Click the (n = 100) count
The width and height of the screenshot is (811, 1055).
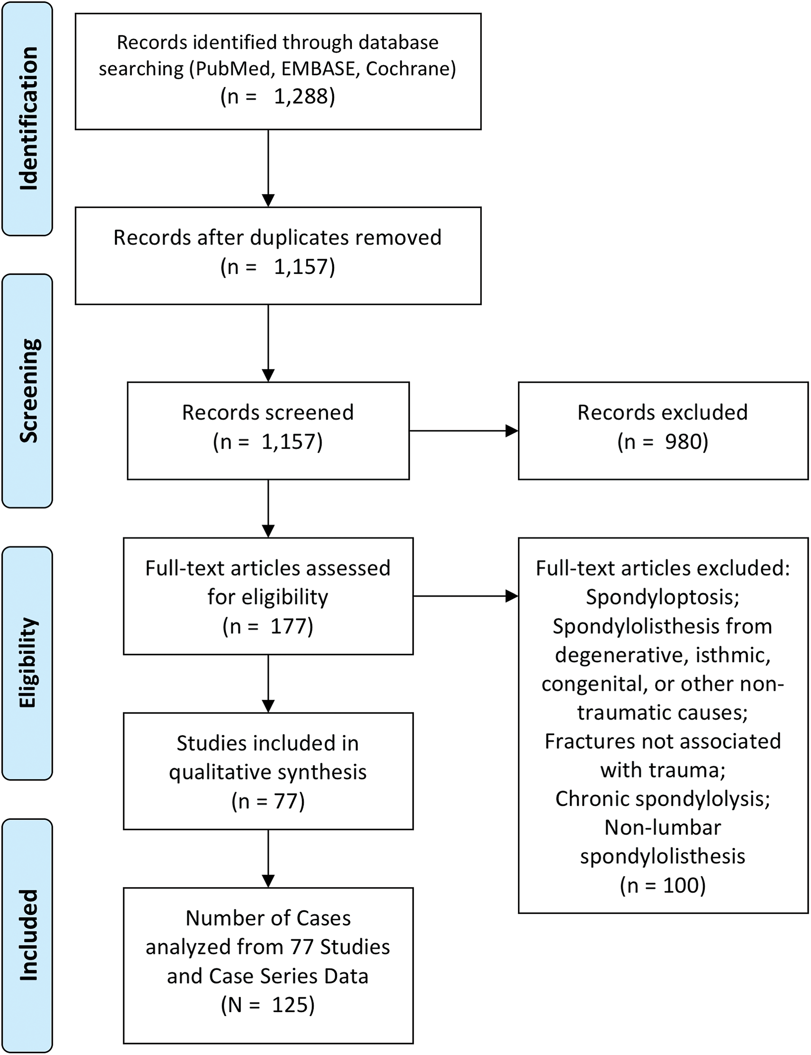tap(663, 885)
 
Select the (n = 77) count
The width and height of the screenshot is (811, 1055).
tap(268, 801)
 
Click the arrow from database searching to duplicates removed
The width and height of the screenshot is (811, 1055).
tap(268, 168)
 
